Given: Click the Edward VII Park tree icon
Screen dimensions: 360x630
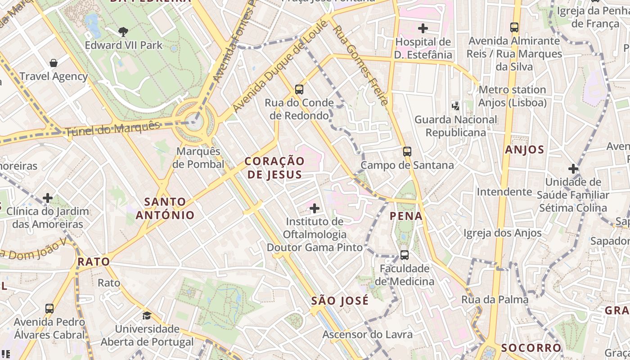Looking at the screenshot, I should [123, 31].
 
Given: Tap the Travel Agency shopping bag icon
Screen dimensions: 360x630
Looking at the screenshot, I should [54, 63].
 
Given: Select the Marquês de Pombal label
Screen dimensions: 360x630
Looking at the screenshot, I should [198, 157].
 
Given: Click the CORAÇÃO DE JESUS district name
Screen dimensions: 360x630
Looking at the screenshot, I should [274, 168].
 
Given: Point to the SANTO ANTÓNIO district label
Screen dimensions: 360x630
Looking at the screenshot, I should [165, 208].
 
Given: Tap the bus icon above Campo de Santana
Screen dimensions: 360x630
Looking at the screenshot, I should [407, 152].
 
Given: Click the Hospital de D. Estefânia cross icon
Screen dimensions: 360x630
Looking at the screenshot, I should [423, 29].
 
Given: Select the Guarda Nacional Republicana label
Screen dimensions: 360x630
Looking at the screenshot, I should [456, 126].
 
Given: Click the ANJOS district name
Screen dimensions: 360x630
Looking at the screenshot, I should [524, 150].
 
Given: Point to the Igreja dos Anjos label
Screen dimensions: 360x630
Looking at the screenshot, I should [503, 233].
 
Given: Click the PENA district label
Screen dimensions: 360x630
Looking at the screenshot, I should [406, 216].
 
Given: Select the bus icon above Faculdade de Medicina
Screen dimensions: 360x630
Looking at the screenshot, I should [404, 255].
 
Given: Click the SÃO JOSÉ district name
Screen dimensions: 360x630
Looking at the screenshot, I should [340, 301].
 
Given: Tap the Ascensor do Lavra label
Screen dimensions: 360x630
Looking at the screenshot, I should [367, 334].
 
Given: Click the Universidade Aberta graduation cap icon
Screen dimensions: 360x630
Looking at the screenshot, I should [147, 315].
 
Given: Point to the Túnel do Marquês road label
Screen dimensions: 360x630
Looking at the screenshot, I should [112, 129].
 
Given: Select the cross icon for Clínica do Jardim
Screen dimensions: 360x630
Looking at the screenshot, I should [48, 198].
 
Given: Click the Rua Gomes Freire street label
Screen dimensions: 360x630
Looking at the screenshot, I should [360, 65].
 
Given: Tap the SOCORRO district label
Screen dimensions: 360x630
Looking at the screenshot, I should [531, 348].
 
